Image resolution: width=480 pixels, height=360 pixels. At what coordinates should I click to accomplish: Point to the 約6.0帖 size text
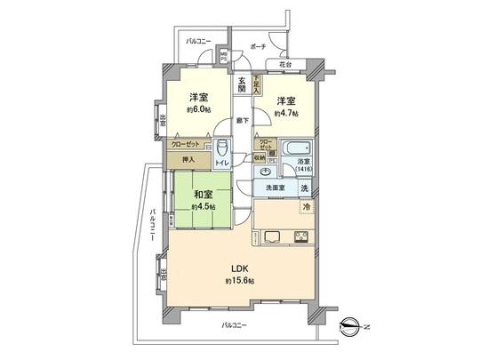coord(197,110)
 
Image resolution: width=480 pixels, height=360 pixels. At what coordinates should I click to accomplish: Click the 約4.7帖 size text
coord(286,113)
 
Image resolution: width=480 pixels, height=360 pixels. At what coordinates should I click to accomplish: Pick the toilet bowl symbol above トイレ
coord(222,149)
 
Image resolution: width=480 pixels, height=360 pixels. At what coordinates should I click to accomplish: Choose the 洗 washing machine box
coord(303,188)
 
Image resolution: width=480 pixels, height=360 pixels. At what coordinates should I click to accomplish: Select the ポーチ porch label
coord(259,46)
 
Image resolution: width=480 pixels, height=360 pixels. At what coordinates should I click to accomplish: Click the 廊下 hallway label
coord(240,119)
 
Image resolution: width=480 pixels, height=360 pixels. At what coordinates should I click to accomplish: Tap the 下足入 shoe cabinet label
coord(256,84)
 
